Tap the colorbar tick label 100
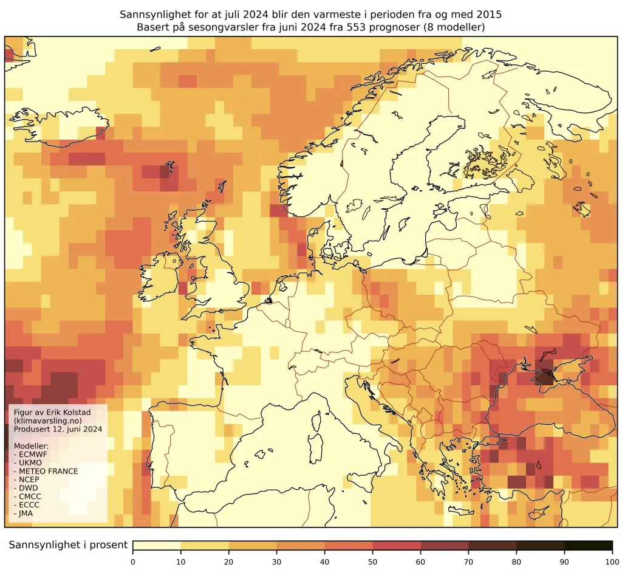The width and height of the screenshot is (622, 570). (x=612, y=561)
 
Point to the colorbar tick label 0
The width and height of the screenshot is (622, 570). (x=133, y=561)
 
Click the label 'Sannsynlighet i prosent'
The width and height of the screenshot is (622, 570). (x=68, y=545)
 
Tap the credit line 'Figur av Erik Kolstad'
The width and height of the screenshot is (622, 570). (x=52, y=413)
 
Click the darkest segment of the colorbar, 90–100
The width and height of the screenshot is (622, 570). (x=588, y=545)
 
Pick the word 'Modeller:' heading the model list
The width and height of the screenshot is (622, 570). (x=31, y=445)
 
